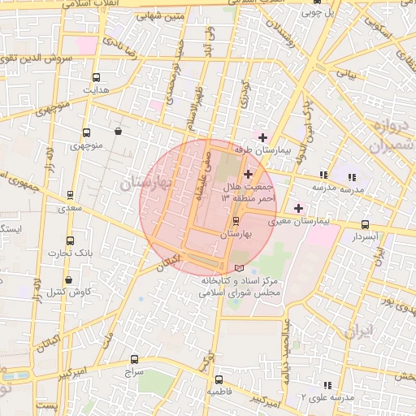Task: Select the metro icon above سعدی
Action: [70, 195]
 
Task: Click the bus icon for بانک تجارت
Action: [70, 241]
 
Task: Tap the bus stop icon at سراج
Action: [134, 359]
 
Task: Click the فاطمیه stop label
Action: [218, 392]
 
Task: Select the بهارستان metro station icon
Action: [236, 221]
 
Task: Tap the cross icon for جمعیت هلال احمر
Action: [248, 174]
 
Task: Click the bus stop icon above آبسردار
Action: [364, 225]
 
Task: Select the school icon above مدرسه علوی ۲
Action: [327, 384]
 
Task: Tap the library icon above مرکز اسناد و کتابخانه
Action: [238, 267]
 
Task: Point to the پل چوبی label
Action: [317, 13]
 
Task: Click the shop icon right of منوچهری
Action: [119, 131]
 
